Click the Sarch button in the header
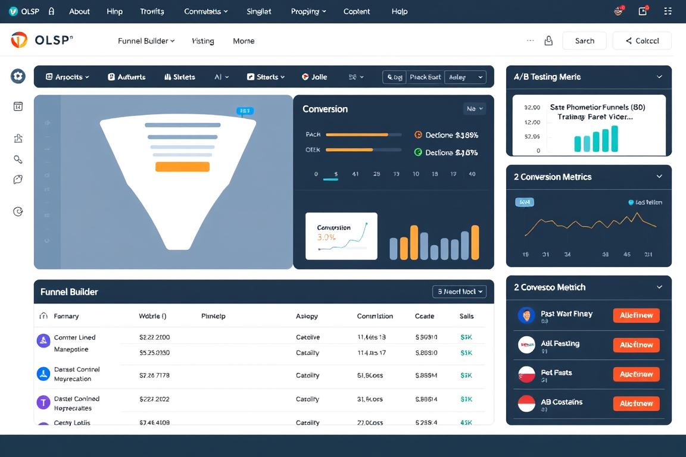pyautogui.click(x=584, y=40)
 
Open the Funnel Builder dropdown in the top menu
pyautogui.click(x=146, y=41)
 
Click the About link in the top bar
pyautogui.click(x=79, y=11)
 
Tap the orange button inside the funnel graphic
pyautogui.click(x=182, y=167)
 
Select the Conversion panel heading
pyautogui.click(x=325, y=109)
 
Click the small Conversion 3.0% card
pyautogui.click(x=341, y=236)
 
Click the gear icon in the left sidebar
pyautogui.click(x=18, y=76)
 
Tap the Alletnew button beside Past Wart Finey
pyautogui.click(x=636, y=315)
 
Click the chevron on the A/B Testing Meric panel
pyautogui.click(x=659, y=77)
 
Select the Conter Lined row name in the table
pyautogui.click(x=74, y=337)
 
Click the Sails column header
pyautogui.click(x=467, y=316)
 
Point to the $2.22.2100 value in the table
pyautogui.click(x=154, y=337)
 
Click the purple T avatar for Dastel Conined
pyautogui.click(x=43, y=402)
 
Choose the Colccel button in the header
pyautogui.click(x=642, y=40)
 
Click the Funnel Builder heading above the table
pyautogui.click(x=69, y=292)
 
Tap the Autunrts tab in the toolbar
pyautogui.click(x=127, y=77)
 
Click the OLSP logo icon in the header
pyautogui.click(x=19, y=40)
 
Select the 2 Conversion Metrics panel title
pyautogui.click(x=553, y=177)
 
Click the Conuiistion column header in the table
pyautogui.click(x=375, y=316)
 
